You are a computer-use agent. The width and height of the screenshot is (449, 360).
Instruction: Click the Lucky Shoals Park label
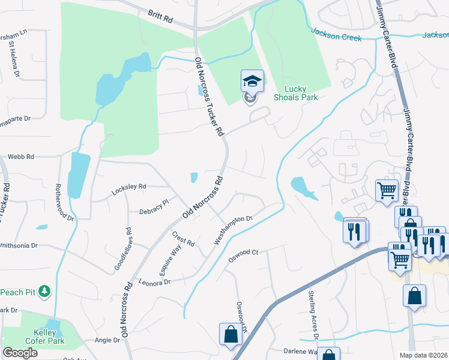[x=295, y=92]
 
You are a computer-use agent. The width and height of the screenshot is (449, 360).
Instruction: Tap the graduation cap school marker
[x=252, y=82]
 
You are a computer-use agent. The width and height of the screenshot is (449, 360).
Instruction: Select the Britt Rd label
[x=160, y=16]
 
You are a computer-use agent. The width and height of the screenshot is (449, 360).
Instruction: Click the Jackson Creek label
[x=336, y=34]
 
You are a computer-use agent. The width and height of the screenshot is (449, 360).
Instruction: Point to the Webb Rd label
[x=20, y=157]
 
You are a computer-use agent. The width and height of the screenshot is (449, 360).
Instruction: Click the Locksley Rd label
[x=129, y=190]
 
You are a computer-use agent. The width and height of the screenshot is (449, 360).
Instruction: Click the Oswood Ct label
[x=243, y=256]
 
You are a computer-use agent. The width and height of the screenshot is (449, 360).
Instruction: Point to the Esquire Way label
[x=170, y=259]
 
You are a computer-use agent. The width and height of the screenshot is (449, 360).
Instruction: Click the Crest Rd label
[x=184, y=239]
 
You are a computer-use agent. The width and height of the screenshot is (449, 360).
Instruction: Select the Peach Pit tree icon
[x=44, y=292]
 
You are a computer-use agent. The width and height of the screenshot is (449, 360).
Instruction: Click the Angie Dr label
[x=107, y=340]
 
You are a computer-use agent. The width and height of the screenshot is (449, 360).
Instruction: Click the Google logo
[x=20, y=353]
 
